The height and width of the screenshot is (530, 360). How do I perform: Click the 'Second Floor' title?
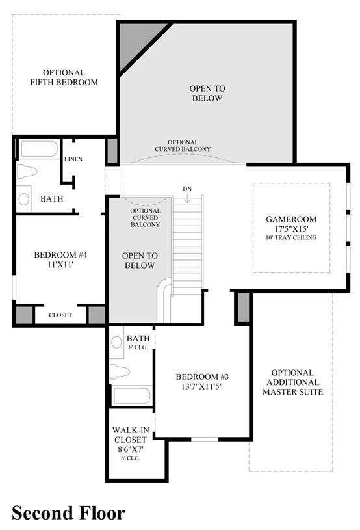[68, 513]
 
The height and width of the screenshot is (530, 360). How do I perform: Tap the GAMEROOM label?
[291, 219]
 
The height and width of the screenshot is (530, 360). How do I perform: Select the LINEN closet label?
[73, 159]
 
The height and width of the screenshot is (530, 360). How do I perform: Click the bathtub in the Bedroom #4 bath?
[39, 149]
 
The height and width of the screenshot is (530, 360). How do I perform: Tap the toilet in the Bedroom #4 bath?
[27, 170]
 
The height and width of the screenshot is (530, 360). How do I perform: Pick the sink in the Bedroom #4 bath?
[23, 199]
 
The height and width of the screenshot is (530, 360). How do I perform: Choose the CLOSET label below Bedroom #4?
[60, 315]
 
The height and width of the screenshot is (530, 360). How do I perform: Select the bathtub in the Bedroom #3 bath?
[131, 396]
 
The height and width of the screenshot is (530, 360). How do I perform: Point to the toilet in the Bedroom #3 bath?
[120, 371]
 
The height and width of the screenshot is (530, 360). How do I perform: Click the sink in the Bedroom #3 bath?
[116, 342]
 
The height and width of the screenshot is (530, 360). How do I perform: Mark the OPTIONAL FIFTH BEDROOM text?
[64, 77]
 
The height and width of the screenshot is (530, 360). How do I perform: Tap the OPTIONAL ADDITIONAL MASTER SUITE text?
[293, 382]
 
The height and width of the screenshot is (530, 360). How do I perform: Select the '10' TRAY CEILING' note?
[291, 237]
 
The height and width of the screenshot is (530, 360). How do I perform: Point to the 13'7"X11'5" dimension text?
[202, 386]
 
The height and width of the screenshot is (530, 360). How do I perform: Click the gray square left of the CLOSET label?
[24, 315]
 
